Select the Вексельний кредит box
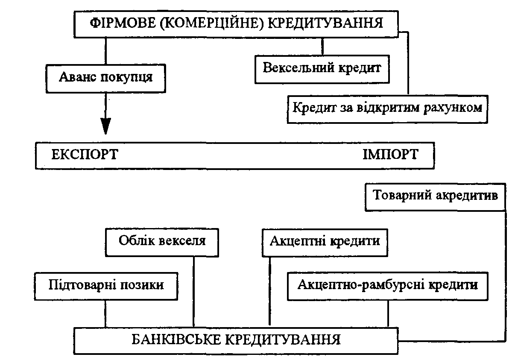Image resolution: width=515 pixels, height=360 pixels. coord(322,68)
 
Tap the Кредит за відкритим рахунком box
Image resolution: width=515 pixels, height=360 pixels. coord(387,107)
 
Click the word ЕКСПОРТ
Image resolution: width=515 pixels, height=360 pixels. coord(85,155)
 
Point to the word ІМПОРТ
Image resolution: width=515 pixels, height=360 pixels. coord(390,155)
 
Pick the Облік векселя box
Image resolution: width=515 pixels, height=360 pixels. coord(162,241)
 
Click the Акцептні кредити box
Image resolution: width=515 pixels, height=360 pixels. coord(325,241)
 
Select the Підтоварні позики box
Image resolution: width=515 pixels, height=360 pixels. coord(106,285)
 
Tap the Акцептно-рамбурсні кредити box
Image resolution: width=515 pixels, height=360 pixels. coord(387,285)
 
